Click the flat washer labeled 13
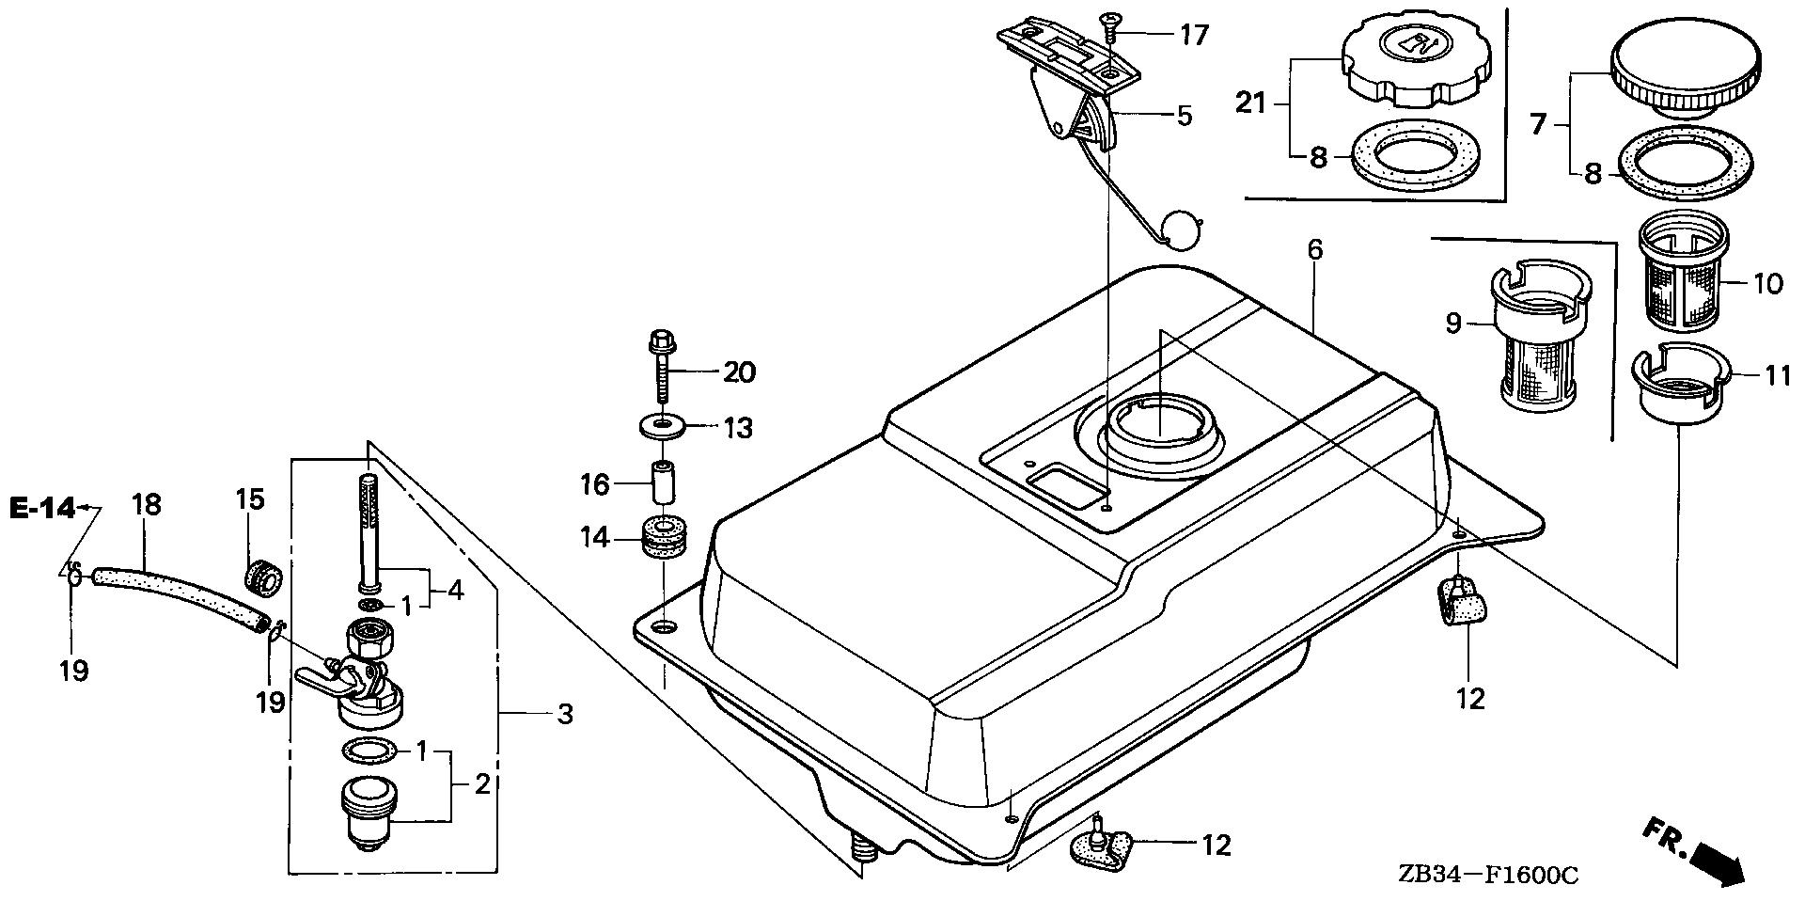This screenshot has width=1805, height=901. pos(663,426)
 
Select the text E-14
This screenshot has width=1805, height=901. pos(41,509)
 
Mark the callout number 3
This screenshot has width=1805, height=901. pos(564,714)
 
